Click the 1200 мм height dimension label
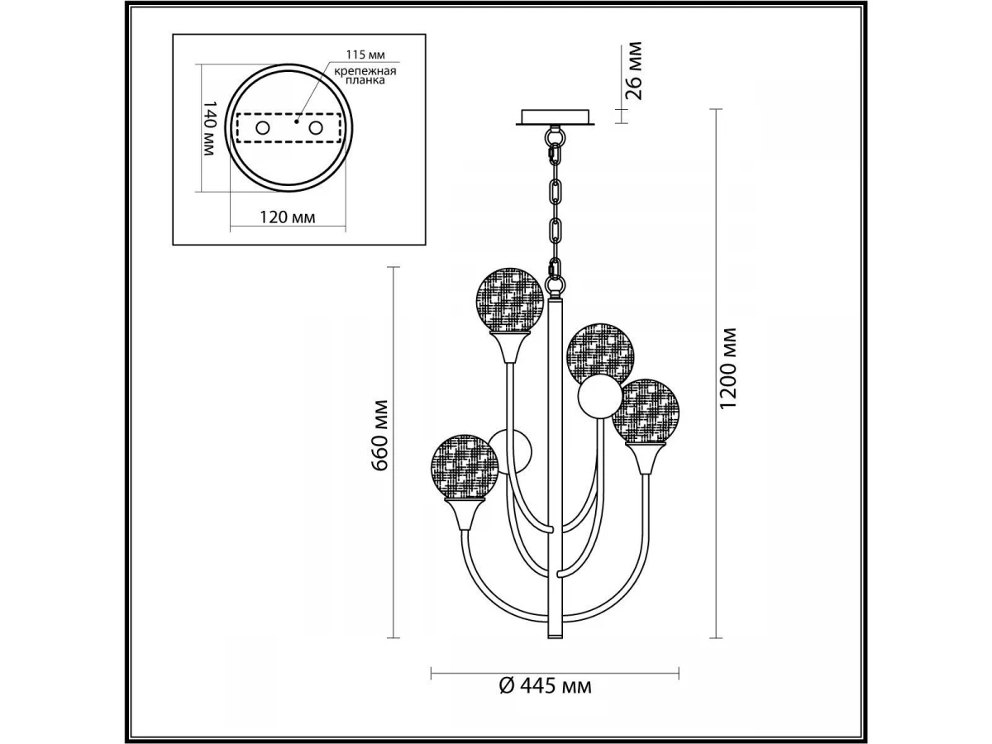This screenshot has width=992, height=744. tap(727, 368)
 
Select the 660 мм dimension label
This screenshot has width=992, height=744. tap(379, 436)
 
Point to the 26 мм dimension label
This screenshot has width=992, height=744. tap(632, 70)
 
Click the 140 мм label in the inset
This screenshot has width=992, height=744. tap(209, 128)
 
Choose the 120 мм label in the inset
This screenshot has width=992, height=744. tap(288, 217)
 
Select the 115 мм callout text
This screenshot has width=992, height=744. tap(365, 55)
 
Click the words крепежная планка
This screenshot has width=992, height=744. tap(365, 76)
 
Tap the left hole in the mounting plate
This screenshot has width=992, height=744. tap(262, 128)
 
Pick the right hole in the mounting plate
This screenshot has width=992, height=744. tap(316, 128)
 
